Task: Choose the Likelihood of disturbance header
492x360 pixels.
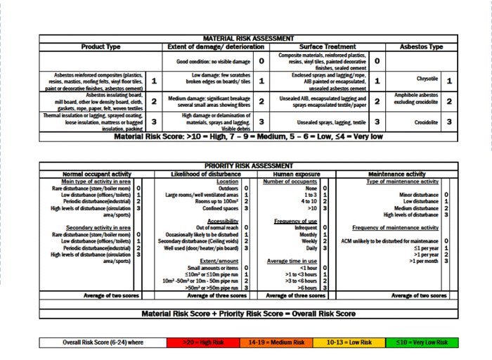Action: coord(209,174)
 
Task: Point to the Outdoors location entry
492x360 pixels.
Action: coord(228,188)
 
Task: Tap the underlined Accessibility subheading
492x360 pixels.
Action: coord(222,221)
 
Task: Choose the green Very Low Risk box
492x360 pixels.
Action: coord(422,342)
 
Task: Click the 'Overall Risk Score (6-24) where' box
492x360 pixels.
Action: coord(103,342)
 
